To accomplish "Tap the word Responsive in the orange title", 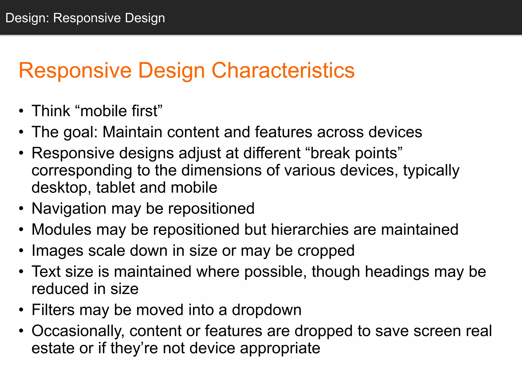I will pyautogui.click(x=75, y=71).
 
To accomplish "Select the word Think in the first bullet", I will pyautogui.click(x=51, y=111).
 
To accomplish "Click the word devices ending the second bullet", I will pyautogui.click(x=395, y=132).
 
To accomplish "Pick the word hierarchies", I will pyautogui.click(x=309, y=230).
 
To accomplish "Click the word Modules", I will pyautogui.click(x=61, y=230).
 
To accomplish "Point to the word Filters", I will pyautogui.click(x=53, y=310).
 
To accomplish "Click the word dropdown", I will pyautogui.click(x=266, y=310).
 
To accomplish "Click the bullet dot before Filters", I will pyautogui.click(x=21, y=310).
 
